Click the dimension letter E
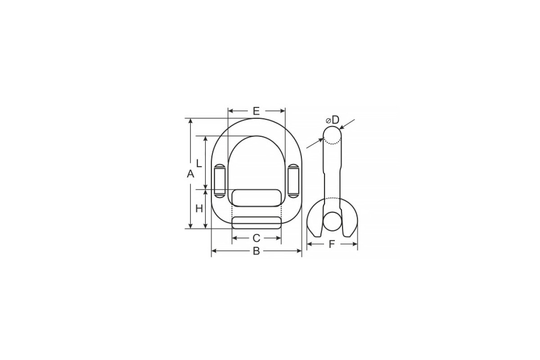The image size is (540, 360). [256, 111]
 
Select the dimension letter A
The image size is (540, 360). [190, 174]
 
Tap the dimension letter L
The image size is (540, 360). [199, 163]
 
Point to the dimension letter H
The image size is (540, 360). [199, 208]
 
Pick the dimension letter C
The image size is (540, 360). [256, 238]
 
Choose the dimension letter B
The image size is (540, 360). [256, 251]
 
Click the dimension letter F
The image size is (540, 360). [332, 244]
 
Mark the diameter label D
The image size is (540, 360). [333, 120]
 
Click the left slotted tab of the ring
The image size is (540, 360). [220, 181]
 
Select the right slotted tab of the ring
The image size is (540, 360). [293, 181]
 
